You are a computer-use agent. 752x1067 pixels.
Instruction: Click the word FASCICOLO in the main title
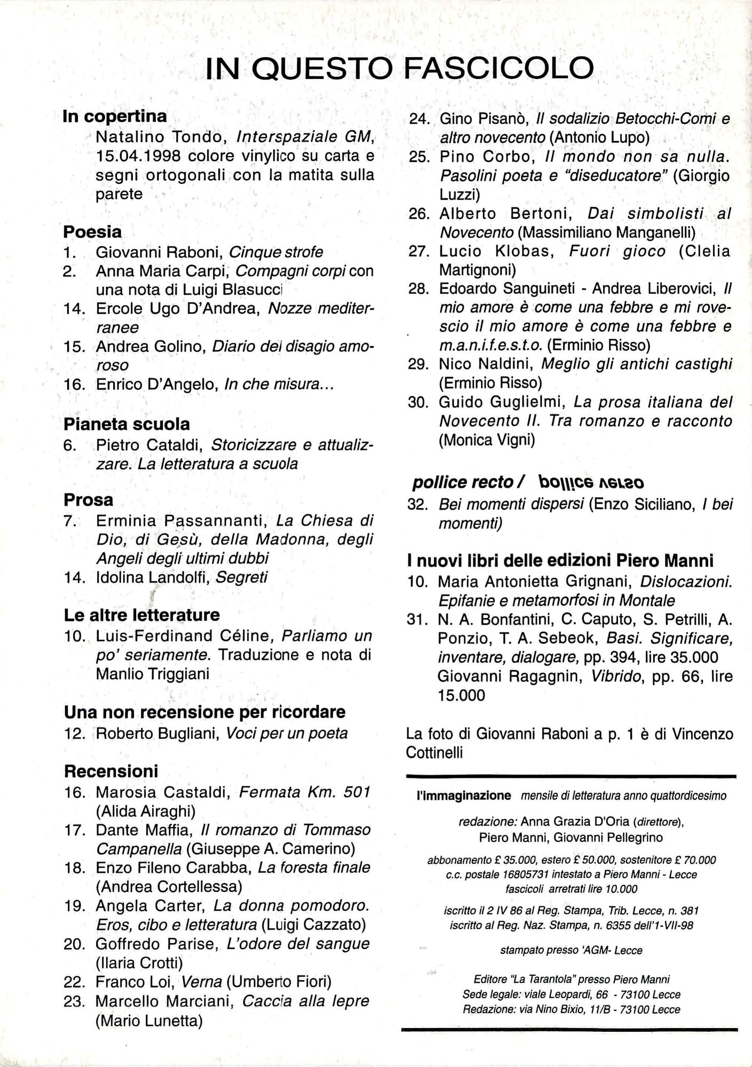point(498,68)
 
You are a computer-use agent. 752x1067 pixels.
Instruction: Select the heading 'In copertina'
point(115,116)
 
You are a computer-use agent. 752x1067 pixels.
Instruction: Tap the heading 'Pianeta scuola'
point(126,424)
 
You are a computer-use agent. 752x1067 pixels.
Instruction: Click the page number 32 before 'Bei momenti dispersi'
point(418,504)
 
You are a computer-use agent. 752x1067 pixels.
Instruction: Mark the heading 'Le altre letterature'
point(141,615)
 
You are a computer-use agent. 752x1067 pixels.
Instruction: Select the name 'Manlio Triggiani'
point(152,674)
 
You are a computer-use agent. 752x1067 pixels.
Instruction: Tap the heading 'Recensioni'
point(111,771)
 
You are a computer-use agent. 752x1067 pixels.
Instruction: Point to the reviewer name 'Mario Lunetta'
point(149,1021)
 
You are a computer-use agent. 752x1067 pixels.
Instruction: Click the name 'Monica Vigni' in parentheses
point(486,440)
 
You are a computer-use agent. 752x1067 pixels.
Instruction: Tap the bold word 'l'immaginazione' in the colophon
point(464,796)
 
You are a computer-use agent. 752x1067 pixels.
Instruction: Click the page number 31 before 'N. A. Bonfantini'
point(418,620)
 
